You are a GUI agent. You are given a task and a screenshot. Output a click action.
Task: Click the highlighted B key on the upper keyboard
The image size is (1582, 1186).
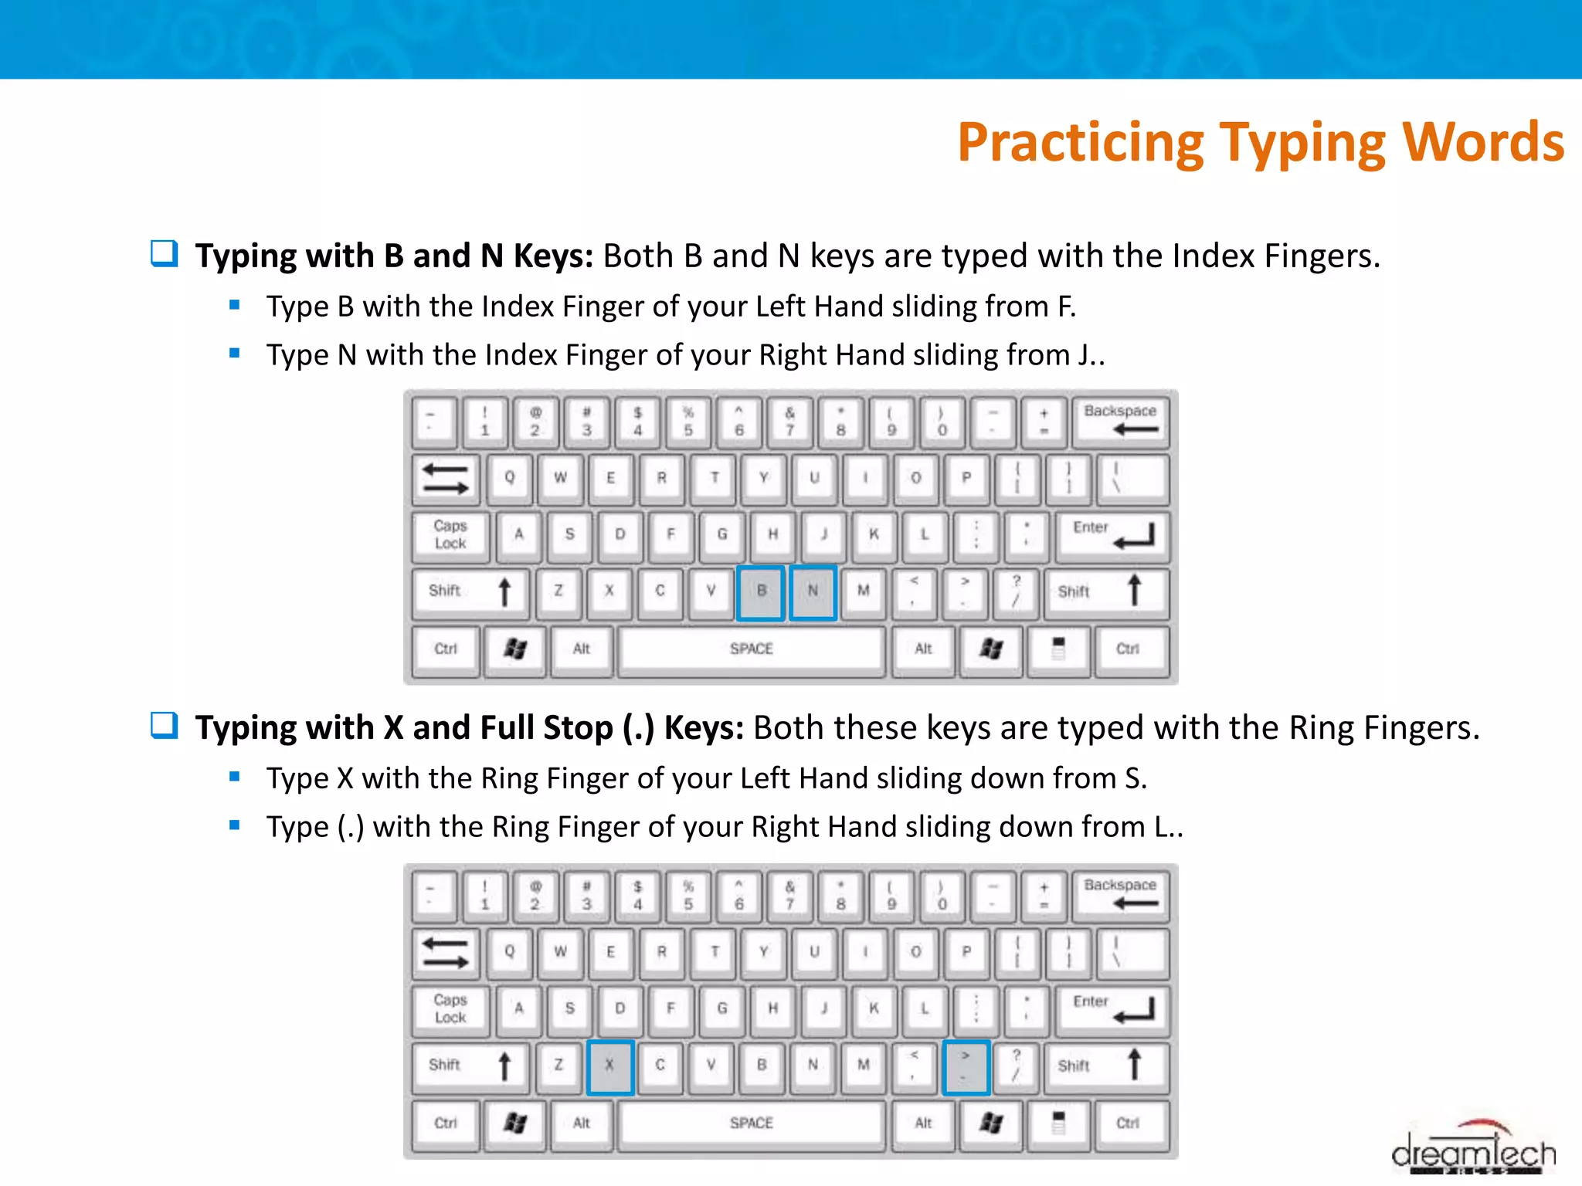pyautogui.click(x=761, y=592)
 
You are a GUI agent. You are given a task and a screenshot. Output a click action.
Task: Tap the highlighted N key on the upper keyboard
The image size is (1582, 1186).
pyautogui.click(x=813, y=592)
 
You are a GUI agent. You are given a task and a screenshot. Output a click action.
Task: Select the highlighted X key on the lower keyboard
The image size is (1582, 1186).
pyautogui.click(x=609, y=1066)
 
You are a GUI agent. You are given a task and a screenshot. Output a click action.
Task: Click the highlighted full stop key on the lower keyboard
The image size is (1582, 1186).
pyautogui.click(x=966, y=1066)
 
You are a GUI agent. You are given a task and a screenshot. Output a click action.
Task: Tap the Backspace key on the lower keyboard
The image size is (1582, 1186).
pyautogui.click(x=1120, y=894)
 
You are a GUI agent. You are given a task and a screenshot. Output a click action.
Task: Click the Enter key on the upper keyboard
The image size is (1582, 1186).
pyautogui.click(x=1111, y=534)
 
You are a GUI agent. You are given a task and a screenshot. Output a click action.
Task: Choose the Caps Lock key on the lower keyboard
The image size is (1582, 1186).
pyautogui.click(x=450, y=1008)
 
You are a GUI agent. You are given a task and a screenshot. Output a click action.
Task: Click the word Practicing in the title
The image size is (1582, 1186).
pyautogui.click(x=1080, y=143)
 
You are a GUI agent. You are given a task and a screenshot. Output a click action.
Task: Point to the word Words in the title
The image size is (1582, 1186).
pyautogui.click(x=1483, y=143)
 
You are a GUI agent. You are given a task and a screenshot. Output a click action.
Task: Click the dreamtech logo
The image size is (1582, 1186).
pyautogui.click(x=1473, y=1150)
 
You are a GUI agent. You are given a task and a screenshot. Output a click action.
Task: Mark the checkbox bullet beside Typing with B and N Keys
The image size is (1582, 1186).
pyautogui.click(x=164, y=253)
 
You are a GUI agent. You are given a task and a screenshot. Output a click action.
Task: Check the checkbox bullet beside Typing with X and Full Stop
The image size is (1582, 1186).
pyautogui.click(x=164, y=725)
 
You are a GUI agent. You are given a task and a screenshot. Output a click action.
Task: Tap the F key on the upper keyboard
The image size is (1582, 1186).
pyautogui.click(x=670, y=534)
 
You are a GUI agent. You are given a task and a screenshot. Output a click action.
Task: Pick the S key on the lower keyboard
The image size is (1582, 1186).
pyautogui.click(x=569, y=1008)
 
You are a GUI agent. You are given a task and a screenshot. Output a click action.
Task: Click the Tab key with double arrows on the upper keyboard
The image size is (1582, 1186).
pyautogui.click(x=445, y=478)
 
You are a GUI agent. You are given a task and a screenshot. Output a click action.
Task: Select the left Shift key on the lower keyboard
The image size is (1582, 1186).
pyautogui.click(x=469, y=1066)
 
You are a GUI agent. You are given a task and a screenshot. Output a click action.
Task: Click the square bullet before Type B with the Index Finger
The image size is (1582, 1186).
pyautogui.click(x=235, y=305)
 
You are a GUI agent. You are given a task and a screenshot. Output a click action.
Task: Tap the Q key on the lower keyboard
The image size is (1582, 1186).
pyautogui.click(x=509, y=952)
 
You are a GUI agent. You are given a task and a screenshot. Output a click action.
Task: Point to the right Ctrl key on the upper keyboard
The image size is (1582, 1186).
pyautogui.click(x=1127, y=649)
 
